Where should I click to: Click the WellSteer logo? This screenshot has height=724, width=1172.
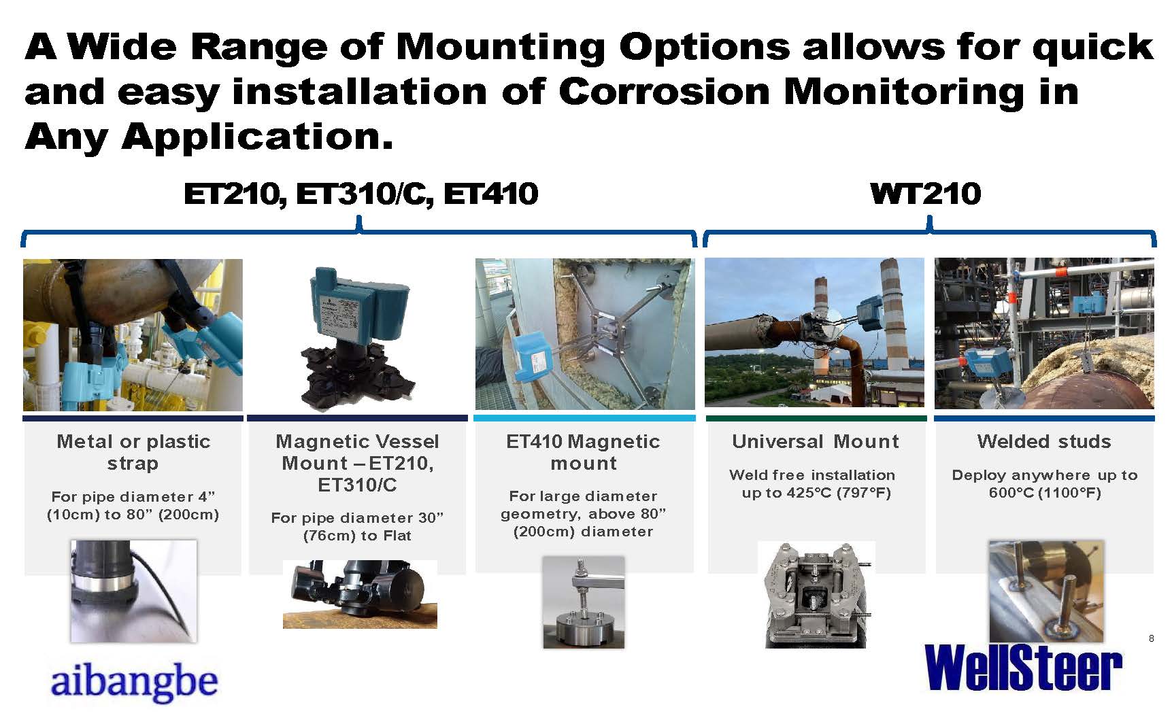click(1023, 668)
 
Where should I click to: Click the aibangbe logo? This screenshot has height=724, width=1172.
click(134, 681)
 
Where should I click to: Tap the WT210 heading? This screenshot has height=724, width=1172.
click(926, 194)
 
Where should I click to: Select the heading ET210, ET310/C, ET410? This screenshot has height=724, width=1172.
click(361, 194)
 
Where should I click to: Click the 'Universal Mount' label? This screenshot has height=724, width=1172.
click(816, 442)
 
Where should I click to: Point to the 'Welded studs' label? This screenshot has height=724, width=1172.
click(1044, 442)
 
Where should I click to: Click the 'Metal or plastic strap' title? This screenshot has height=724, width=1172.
click(133, 452)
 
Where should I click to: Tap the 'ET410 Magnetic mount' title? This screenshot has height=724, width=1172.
click(583, 452)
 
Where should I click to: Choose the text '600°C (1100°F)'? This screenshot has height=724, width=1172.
click(1045, 493)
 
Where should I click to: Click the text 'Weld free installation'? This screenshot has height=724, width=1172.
click(812, 475)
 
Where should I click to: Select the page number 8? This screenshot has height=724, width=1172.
click(1151, 638)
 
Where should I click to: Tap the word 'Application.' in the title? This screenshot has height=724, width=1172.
click(257, 138)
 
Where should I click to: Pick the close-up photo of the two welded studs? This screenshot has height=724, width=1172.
click(1045, 591)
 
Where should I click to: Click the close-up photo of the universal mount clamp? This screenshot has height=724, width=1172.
click(816, 595)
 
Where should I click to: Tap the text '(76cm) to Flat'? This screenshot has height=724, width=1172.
click(357, 536)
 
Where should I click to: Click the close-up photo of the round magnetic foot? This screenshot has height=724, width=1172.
click(584, 602)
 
